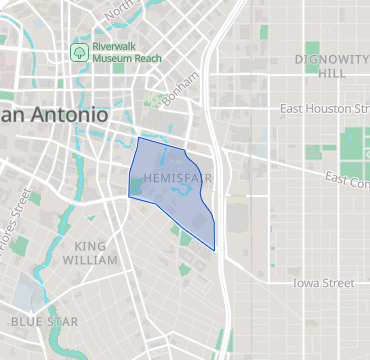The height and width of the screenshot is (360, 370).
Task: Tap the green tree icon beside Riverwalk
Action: pos(77,50)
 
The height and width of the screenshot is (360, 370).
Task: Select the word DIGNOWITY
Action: pos(332,59)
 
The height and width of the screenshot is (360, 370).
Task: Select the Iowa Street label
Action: pos(323,283)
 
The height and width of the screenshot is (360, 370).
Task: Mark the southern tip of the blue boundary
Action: pos(214,250)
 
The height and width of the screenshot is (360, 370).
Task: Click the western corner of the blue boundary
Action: pos(128,197)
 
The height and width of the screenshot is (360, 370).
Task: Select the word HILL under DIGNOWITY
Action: pos(332,73)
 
